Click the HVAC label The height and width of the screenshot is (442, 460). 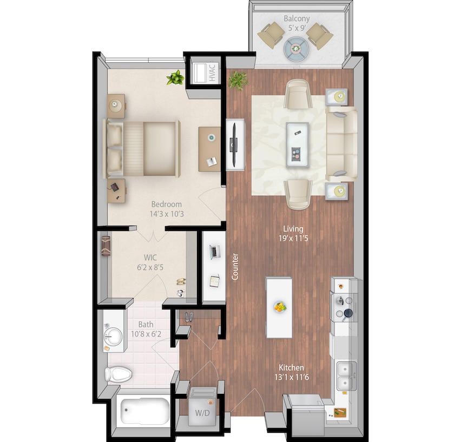(212, 72)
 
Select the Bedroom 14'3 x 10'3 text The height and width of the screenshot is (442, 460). (166, 209)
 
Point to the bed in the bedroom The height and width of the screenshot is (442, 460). (143, 148)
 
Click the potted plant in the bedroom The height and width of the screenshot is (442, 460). (175, 78)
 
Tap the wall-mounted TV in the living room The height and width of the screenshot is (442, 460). (234, 144)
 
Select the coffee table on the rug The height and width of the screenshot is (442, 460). (297, 143)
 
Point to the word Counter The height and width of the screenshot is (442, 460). (235, 267)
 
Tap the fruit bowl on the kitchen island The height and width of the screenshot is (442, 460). (280, 307)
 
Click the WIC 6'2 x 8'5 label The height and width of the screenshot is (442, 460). (150, 261)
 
